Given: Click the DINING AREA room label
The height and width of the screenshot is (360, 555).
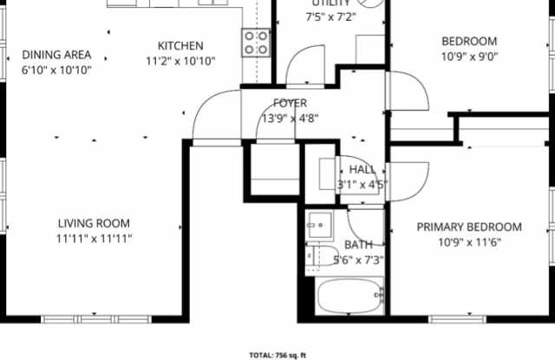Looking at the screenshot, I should (56, 55).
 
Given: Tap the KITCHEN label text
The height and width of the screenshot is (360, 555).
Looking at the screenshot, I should (180, 46).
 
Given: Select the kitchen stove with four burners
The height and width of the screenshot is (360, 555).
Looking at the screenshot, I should (255, 43).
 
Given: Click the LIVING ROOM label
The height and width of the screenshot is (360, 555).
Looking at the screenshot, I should (94, 223).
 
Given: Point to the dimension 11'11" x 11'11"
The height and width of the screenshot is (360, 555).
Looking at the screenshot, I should (94, 238).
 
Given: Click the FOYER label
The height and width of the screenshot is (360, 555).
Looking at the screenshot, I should (290, 103).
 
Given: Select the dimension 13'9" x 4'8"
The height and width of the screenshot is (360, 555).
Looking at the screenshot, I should (290, 119).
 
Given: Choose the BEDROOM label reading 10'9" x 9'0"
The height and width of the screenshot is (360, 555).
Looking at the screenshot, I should (469, 42).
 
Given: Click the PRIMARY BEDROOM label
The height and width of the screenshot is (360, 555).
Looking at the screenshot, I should (469, 227).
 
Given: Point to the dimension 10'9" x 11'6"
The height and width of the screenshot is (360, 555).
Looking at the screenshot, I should (469, 243).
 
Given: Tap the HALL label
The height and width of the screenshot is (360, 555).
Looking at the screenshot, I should (362, 169).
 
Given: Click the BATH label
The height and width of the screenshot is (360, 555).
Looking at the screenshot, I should (358, 245).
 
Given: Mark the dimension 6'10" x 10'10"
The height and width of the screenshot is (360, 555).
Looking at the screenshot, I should (56, 69).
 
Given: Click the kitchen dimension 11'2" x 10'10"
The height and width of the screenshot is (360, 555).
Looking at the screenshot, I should (180, 62).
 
